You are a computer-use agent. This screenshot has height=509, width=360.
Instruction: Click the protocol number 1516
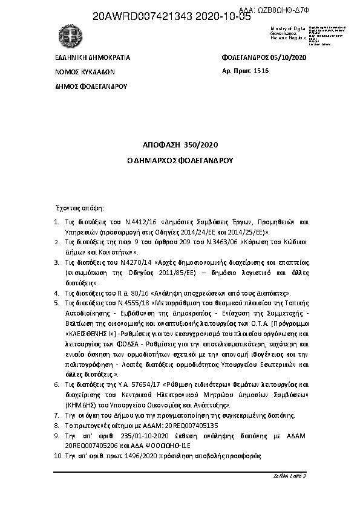tap(260, 71)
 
